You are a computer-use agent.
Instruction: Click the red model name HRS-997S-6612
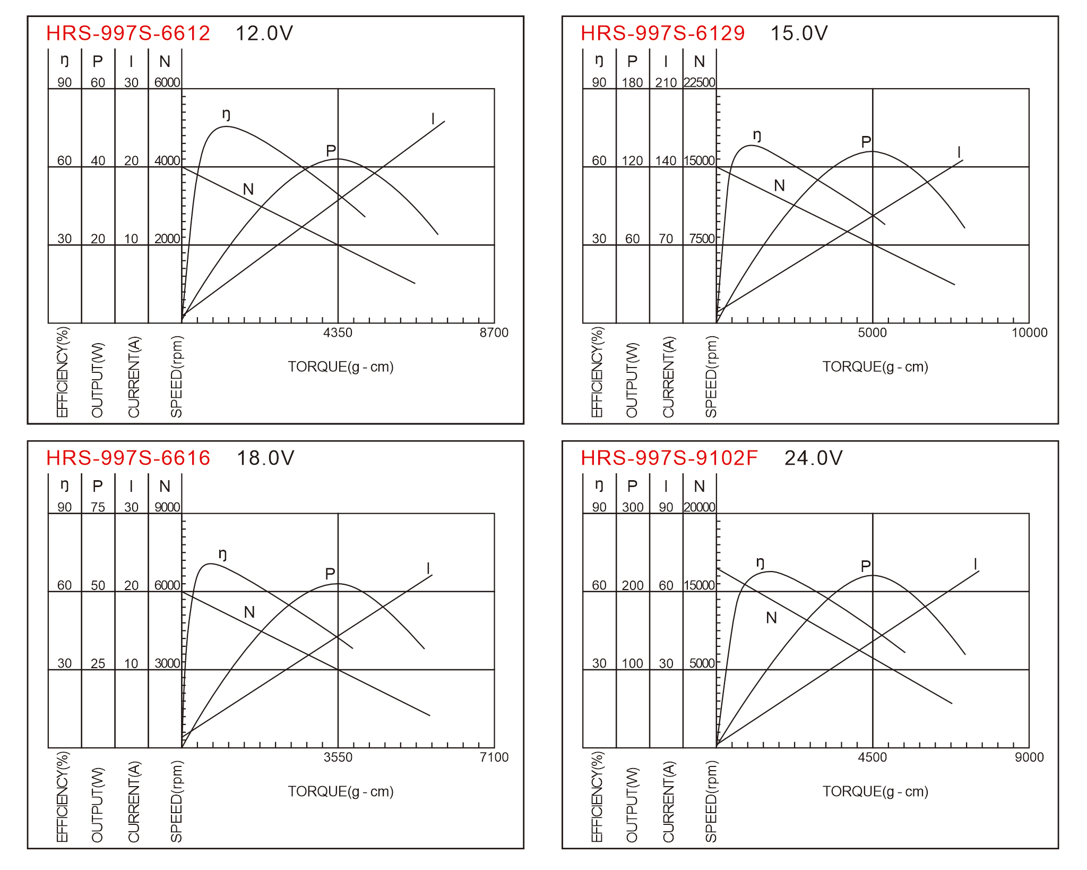(x=128, y=33)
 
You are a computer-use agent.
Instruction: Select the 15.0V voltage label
(x=799, y=33)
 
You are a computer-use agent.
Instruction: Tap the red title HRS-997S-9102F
(x=669, y=458)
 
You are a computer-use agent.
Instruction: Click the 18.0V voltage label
(x=265, y=458)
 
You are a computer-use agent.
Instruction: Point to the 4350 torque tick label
(x=338, y=332)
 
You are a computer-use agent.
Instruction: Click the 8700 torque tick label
(x=494, y=332)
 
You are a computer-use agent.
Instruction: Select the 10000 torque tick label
(x=1030, y=332)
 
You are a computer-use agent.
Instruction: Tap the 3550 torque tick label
(x=338, y=757)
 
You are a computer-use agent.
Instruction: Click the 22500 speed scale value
(x=700, y=82)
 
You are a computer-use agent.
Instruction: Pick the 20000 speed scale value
(x=700, y=507)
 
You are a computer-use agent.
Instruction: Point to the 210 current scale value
(x=666, y=82)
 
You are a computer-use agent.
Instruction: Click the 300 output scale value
(x=633, y=507)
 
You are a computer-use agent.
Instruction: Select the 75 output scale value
(x=98, y=507)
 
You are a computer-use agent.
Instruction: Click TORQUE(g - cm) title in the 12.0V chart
(x=341, y=367)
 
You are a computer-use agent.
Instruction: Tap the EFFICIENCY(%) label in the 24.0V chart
(x=597, y=797)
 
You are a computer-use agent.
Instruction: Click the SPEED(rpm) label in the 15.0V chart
(x=711, y=377)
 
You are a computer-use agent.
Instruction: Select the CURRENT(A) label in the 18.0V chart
(x=134, y=801)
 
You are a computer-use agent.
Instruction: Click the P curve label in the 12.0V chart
(x=331, y=151)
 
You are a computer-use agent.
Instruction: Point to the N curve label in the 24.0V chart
(x=772, y=618)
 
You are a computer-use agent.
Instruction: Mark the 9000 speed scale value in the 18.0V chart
(x=167, y=507)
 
